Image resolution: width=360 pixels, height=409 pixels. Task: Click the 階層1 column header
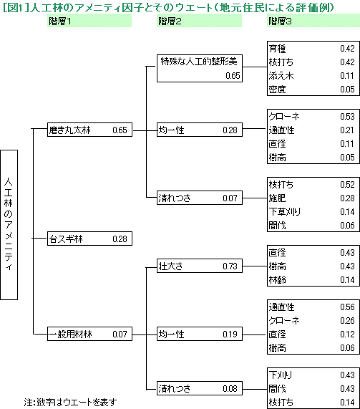[x=89, y=21]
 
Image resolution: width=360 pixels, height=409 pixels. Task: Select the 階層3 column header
[x=313, y=21]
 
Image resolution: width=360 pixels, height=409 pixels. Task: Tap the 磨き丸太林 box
[x=89, y=130]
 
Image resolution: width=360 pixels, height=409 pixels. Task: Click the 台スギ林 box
[x=89, y=239]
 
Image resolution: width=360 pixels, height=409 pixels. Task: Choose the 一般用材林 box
[x=89, y=334]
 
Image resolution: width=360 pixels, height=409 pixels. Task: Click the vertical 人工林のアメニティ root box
[x=9, y=225]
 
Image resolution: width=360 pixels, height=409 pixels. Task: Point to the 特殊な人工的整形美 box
[x=200, y=68]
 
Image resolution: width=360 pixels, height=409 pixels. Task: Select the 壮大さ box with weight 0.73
[x=200, y=266]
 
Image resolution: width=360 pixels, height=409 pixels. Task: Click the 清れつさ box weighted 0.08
[x=200, y=388]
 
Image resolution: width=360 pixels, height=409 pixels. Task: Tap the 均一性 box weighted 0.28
[x=200, y=130]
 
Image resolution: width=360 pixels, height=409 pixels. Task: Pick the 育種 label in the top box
[x=278, y=49]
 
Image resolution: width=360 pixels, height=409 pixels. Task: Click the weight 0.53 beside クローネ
[x=347, y=116]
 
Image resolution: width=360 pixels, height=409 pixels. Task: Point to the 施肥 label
[x=278, y=198]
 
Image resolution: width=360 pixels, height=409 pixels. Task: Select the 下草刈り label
[x=285, y=212]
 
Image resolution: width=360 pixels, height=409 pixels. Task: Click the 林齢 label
[x=278, y=280]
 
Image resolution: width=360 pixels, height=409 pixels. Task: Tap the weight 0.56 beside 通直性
[x=347, y=307]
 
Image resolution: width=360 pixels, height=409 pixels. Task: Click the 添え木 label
[x=281, y=76]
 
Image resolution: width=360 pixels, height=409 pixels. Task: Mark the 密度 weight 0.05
[x=347, y=90]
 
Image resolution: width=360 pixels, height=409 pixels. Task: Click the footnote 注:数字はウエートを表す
[x=70, y=403]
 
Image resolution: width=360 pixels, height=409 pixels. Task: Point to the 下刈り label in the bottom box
[x=281, y=375]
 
